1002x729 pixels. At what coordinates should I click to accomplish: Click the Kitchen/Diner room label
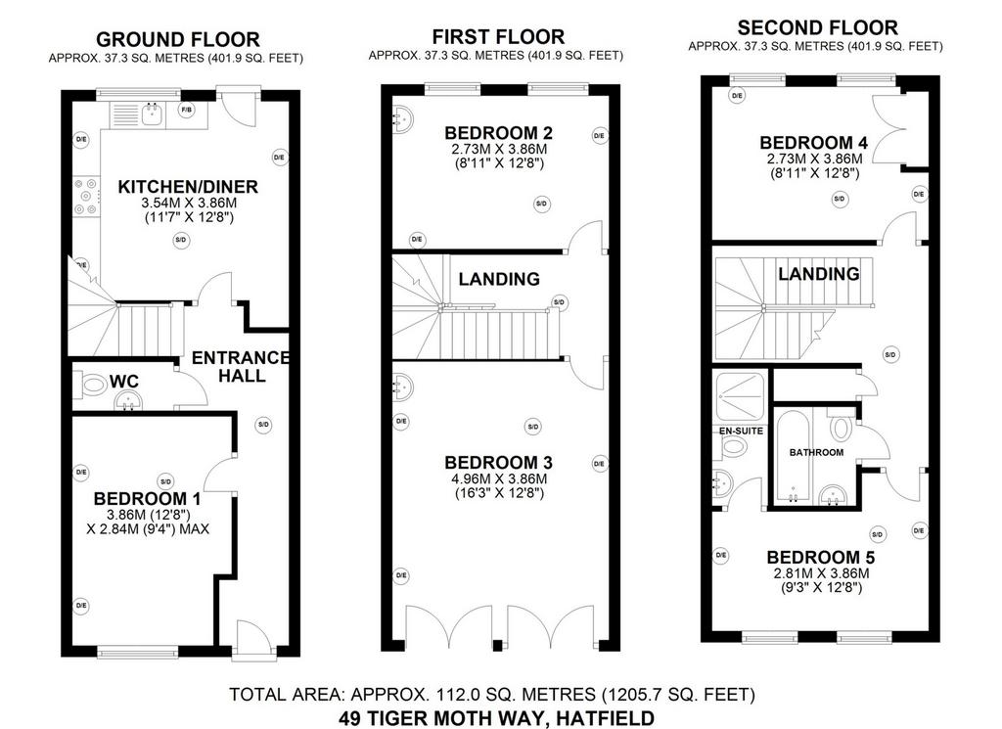pos(188,187)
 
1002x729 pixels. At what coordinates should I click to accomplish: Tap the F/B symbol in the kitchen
pos(187,111)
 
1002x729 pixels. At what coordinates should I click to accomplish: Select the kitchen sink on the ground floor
pos(152,114)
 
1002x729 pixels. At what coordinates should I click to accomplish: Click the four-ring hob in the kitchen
pos(87,197)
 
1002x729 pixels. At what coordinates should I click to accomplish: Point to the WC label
pos(124,382)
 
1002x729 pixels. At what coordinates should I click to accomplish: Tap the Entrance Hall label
pos(241,367)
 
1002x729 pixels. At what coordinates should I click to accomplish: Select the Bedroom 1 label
pos(147,498)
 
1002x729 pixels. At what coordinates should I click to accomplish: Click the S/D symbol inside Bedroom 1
pos(165,481)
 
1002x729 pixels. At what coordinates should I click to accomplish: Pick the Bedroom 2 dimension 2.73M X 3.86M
pos(499,149)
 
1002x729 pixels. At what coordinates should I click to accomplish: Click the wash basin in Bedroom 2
pos(402,118)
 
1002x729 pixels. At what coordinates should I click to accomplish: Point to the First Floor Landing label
pos(499,279)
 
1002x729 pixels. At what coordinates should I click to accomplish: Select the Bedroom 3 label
pos(499,462)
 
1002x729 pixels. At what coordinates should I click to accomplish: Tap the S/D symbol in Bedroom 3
pos(532,427)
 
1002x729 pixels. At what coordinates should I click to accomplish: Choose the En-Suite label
pos(742,431)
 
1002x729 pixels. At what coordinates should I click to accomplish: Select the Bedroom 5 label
pos(821,557)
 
